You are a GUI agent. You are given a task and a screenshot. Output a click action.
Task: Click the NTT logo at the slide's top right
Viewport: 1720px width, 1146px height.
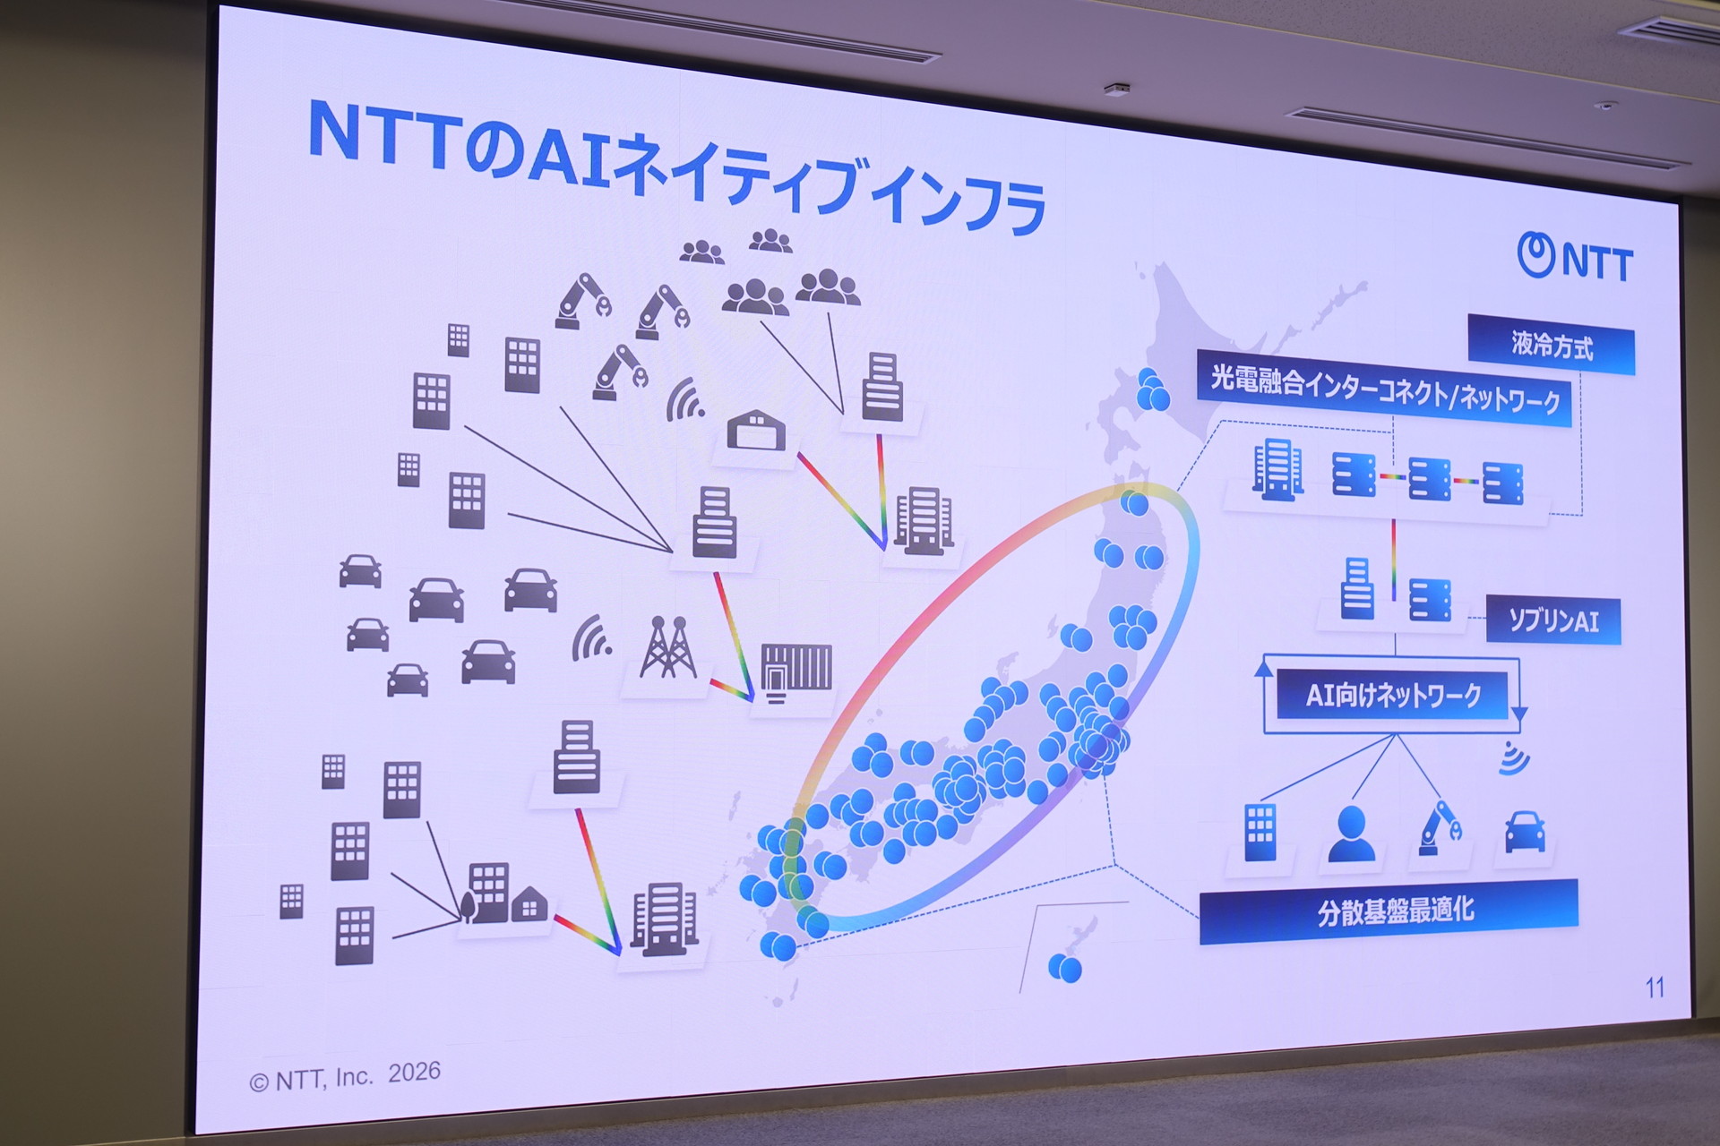click(x=1575, y=258)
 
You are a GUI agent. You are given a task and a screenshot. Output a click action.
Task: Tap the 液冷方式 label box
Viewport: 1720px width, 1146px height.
click(x=1552, y=346)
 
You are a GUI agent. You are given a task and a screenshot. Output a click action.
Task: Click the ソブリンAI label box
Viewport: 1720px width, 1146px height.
click(x=1553, y=620)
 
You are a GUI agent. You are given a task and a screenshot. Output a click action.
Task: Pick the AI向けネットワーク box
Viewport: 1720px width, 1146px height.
click(x=1393, y=694)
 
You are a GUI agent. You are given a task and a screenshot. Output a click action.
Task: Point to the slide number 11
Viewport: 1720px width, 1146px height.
click(x=1655, y=988)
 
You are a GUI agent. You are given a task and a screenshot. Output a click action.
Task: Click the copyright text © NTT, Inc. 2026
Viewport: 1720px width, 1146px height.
click(x=345, y=1076)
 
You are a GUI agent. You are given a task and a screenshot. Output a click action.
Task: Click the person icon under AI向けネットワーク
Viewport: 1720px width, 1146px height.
click(x=1351, y=834)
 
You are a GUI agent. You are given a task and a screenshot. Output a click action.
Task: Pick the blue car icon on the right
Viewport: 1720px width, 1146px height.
click(x=1524, y=832)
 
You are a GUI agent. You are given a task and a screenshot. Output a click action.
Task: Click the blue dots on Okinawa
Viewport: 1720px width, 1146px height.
click(x=1064, y=967)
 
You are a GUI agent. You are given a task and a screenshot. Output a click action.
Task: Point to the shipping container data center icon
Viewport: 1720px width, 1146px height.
click(x=796, y=673)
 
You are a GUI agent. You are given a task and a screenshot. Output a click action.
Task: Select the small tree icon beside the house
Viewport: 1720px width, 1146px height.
click(x=468, y=906)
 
